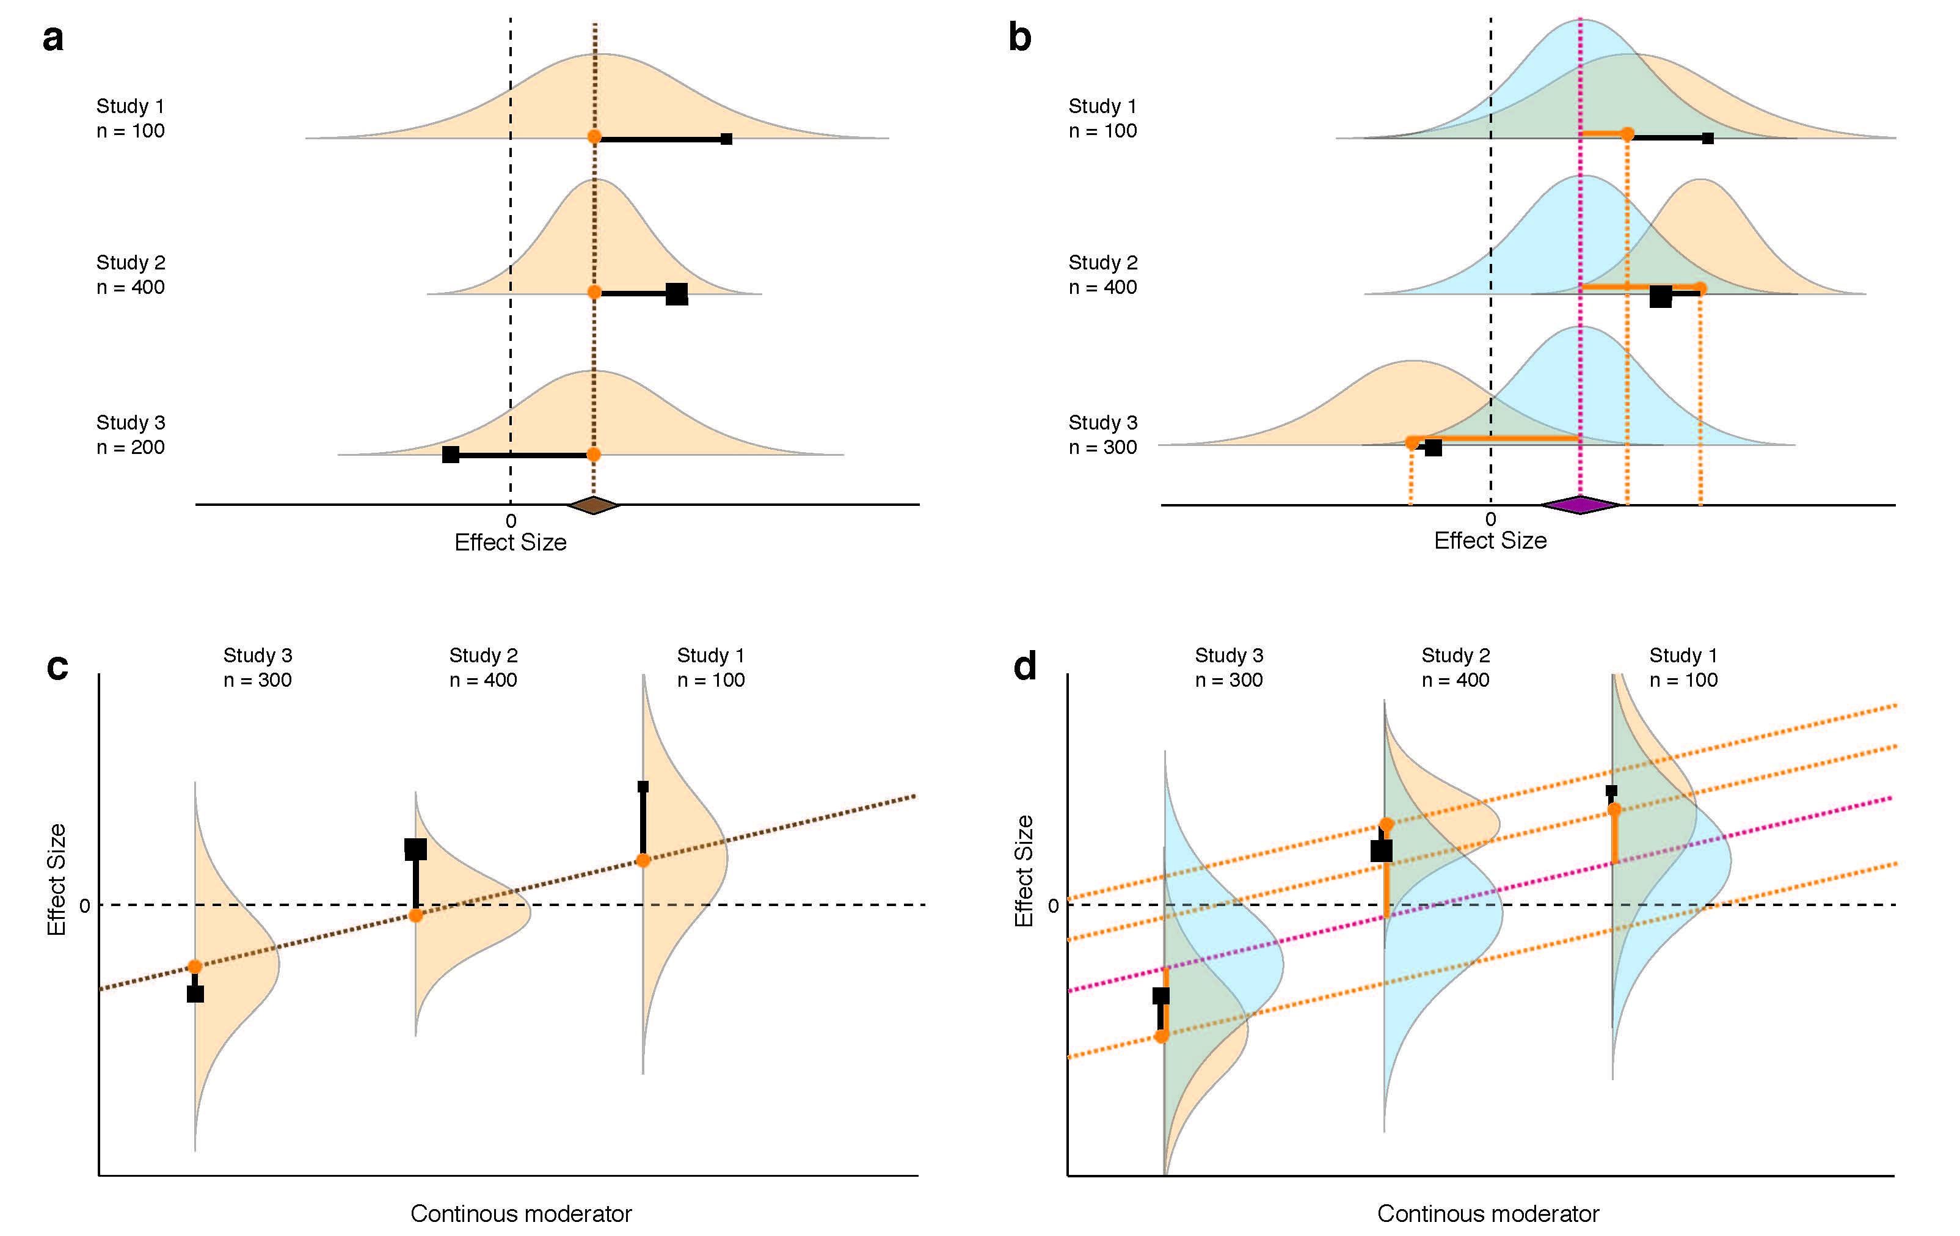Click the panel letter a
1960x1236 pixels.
(x=53, y=38)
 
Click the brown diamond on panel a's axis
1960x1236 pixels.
(x=593, y=505)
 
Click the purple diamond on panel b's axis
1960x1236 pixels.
(x=1580, y=505)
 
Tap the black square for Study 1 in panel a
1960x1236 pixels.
(x=726, y=139)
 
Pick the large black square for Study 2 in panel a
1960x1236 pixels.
(x=676, y=294)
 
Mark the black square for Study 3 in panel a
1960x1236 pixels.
(x=450, y=455)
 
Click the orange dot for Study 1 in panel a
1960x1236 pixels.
(x=594, y=137)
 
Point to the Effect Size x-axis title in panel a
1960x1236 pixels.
(x=511, y=543)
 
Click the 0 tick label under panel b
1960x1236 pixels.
(x=1490, y=519)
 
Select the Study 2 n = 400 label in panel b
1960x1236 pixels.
(x=1103, y=274)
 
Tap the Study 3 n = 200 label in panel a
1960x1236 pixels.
(x=130, y=435)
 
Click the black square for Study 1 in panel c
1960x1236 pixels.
(x=643, y=786)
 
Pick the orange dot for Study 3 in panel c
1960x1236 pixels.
(x=195, y=967)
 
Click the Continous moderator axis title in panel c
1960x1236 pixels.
(x=521, y=1213)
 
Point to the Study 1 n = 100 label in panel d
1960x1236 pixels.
(x=1683, y=668)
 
